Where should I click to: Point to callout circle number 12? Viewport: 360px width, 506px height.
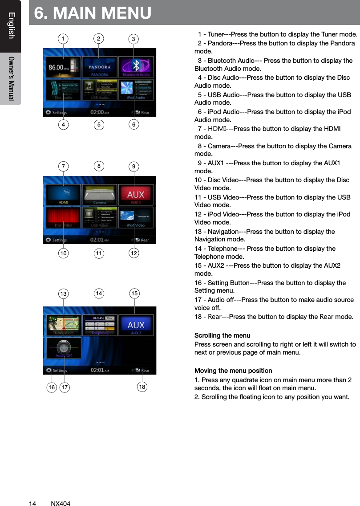tap(133, 253)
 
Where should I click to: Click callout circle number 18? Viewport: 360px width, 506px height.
tap(142, 387)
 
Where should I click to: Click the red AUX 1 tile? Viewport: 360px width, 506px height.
tap(136, 195)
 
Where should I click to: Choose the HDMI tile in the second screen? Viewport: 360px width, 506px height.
tap(64, 195)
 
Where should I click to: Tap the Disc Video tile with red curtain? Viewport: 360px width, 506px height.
tap(64, 218)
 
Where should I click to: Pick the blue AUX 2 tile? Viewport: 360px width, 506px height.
tap(136, 326)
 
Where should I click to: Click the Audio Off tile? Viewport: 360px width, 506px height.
tap(64, 348)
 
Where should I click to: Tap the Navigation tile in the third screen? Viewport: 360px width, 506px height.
tap(64, 326)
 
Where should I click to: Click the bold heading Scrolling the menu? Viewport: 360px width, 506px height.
tap(222, 335)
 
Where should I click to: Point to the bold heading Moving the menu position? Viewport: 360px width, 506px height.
tap(233, 371)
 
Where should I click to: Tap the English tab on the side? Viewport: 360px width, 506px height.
tap(11, 26)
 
